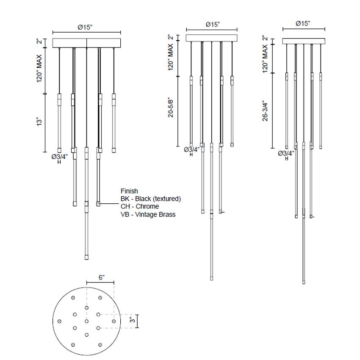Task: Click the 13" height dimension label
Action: click(39, 122)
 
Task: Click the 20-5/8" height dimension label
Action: click(171, 108)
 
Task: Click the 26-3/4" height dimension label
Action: click(266, 111)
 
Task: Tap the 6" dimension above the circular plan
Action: click(102, 277)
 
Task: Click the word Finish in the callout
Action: click(129, 191)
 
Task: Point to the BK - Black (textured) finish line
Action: click(150, 199)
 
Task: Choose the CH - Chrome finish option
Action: click(140, 206)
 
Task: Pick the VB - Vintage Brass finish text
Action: click(148, 214)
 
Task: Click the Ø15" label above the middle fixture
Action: click(213, 25)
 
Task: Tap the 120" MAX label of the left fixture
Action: click(39, 68)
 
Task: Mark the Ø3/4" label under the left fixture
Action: click(60, 157)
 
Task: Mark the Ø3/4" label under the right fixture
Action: click(286, 153)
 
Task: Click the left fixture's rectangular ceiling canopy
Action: click(86, 43)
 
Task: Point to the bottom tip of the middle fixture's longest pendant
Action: click(212, 278)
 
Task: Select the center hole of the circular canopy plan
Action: click(86, 321)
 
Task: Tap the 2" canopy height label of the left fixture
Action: click(39, 42)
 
